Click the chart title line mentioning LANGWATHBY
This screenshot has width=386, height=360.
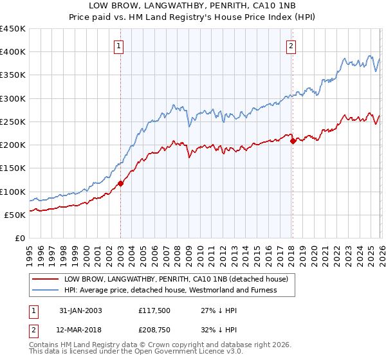[192, 6]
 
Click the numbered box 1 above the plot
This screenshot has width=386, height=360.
[120, 46]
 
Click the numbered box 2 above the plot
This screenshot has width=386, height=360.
[291, 46]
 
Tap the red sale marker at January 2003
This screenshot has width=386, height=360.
[120, 183]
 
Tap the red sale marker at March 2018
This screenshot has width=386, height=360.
[293, 141]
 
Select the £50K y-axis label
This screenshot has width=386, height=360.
[15, 215]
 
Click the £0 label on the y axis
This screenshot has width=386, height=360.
[20, 238]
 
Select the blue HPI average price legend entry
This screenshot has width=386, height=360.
[170, 290]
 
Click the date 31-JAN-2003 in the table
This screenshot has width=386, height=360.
[79, 310]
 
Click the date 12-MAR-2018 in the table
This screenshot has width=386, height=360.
[79, 331]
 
